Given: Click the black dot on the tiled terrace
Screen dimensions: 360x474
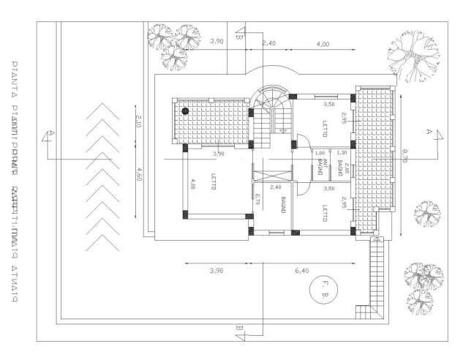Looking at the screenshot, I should click(186, 111).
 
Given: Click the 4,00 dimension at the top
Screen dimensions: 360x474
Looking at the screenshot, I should click(322, 45).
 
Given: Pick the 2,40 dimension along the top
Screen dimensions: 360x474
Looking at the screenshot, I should click(269, 45).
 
